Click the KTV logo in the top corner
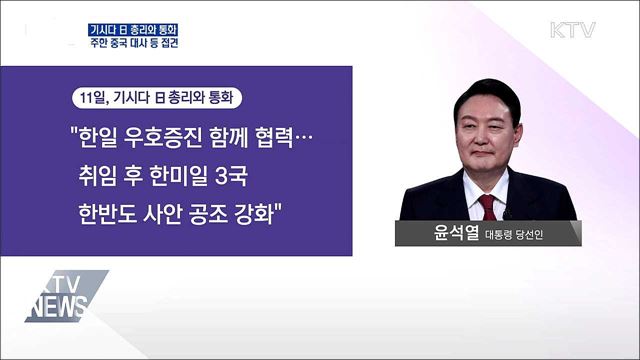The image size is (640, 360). click(572, 29)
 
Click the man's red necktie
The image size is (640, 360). click(487, 207)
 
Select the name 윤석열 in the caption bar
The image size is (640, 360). click(455, 236)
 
